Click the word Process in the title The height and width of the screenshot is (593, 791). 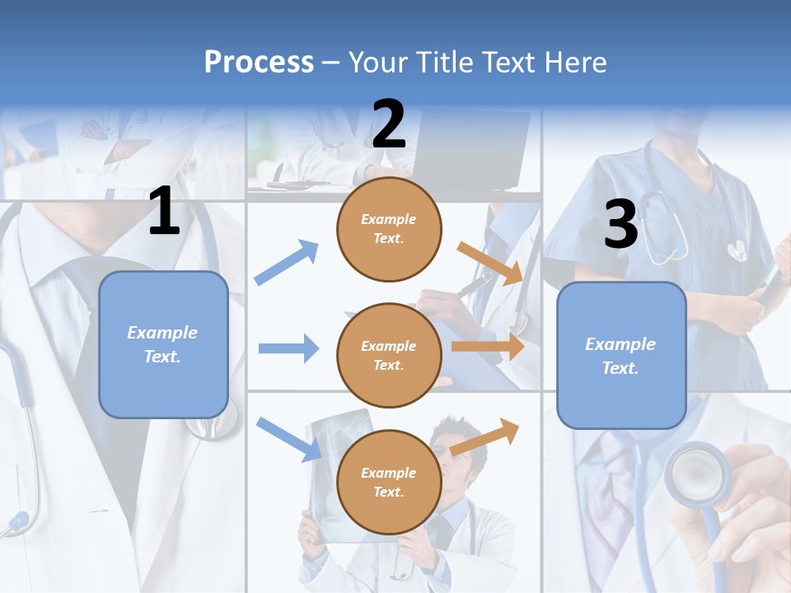[x=259, y=63]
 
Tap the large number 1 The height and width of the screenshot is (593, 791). [x=164, y=212]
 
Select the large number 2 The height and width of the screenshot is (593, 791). [x=389, y=124]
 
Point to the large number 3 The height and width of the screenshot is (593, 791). [x=620, y=225]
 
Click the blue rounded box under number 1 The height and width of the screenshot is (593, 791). [x=163, y=344]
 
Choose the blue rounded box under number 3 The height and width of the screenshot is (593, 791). [x=621, y=356]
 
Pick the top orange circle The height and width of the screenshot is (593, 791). [x=389, y=229]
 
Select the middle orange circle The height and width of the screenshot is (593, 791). [x=389, y=355]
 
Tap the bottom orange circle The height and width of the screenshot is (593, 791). [x=389, y=482]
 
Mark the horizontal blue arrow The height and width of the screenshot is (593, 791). [x=288, y=348]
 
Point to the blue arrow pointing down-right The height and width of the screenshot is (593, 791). [x=288, y=438]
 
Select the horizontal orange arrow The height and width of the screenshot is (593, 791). [x=488, y=347]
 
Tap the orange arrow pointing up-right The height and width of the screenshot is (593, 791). [x=484, y=437]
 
